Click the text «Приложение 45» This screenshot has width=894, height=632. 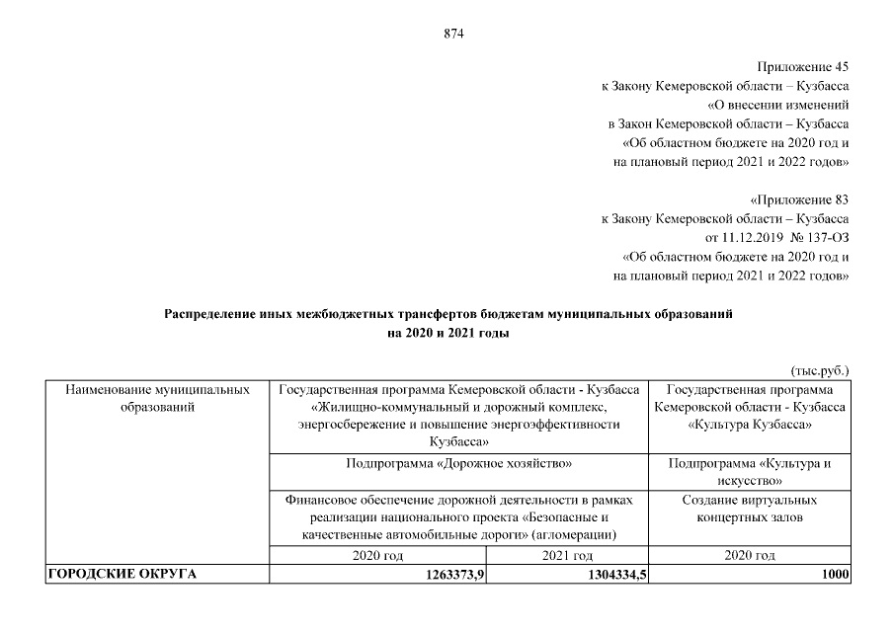tap(803, 68)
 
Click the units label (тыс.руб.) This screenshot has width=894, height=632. tap(820, 371)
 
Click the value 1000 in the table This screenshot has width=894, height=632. tap(834, 576)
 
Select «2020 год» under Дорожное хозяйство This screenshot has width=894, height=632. tap(378, 556)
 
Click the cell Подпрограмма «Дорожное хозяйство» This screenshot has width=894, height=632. tap(459, 462)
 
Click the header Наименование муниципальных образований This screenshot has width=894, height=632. tap(157, 398)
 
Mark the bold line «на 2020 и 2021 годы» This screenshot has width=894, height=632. tap(448, 334)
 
